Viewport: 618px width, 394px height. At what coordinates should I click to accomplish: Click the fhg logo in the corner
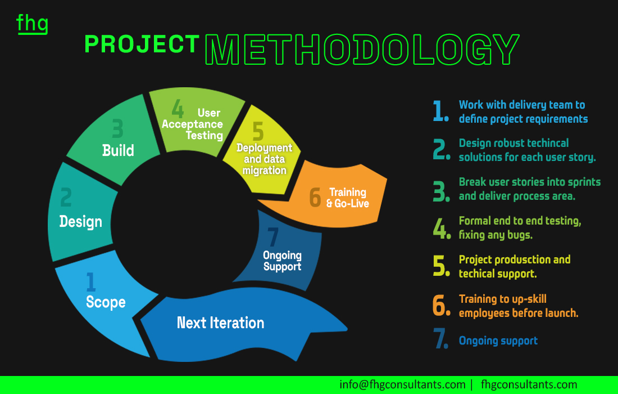click(33, 24)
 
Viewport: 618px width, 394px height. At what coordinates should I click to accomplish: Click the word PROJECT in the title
click(142, 44)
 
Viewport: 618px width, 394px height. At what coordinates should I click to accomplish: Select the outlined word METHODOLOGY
click(362, 50)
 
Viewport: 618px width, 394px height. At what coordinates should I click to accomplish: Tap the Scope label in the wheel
click(106, 302)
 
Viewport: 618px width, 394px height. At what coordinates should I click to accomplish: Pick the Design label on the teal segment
click(81, 222)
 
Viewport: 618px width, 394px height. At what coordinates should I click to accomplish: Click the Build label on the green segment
click(118, 150)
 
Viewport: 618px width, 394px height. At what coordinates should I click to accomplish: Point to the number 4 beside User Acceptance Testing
click(178, 109)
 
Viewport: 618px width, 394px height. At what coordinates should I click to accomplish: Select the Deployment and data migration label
click(265, 159)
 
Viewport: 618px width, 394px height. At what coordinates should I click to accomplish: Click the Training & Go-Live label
click(348, 198)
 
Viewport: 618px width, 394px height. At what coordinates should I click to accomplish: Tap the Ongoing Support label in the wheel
click(282, 261)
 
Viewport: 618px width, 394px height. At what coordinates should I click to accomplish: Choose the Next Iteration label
click(220, 323)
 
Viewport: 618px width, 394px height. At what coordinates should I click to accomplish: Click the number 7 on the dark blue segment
click(272, 237)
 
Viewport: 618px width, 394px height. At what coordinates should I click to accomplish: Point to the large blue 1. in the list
click(440, 110)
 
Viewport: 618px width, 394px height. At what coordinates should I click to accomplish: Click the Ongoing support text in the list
click(498, 341)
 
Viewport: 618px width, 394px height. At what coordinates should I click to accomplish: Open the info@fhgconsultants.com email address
click(402, 384)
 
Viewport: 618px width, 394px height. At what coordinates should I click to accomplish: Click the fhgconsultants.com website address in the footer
click(529, 384)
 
